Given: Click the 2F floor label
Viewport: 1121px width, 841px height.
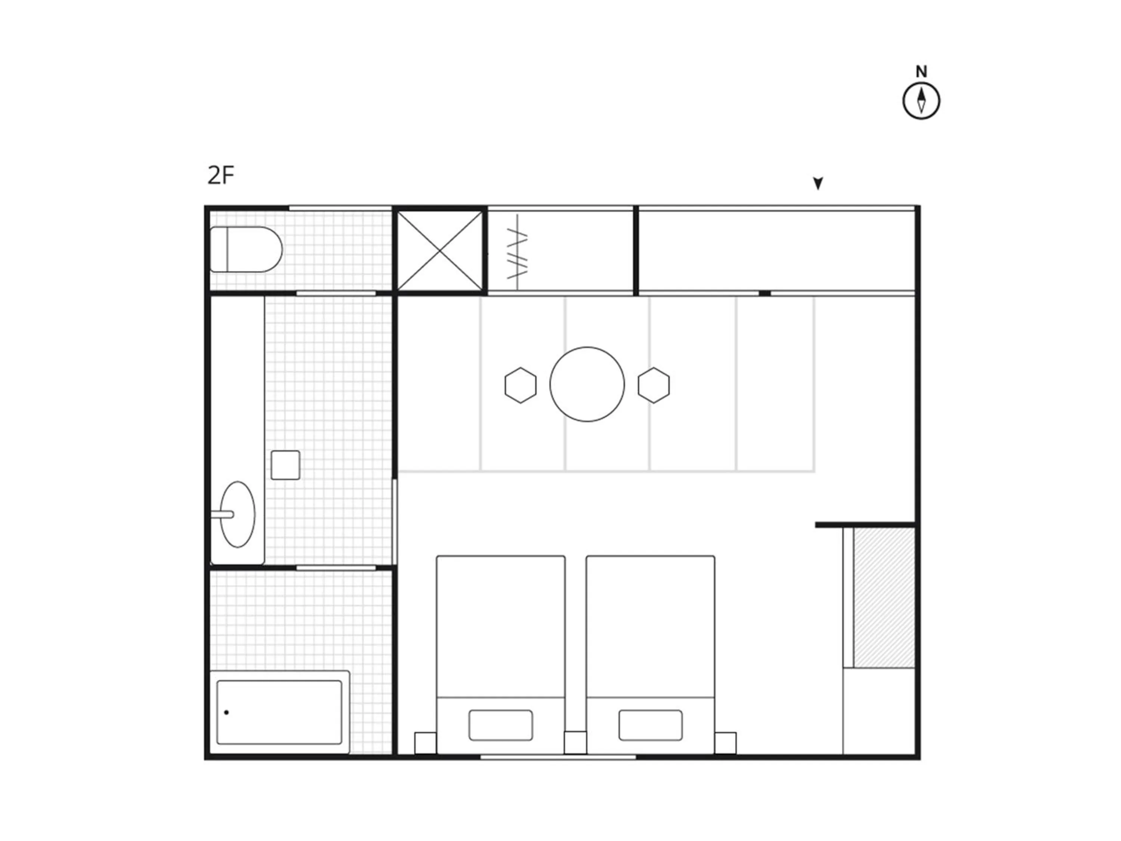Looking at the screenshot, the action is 221,175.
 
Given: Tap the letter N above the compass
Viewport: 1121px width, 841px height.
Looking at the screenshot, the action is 921,72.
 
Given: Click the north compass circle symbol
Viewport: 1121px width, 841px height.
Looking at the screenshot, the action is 921,101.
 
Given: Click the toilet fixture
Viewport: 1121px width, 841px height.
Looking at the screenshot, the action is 246,249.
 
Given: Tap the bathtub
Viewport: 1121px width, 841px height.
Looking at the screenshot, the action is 279,712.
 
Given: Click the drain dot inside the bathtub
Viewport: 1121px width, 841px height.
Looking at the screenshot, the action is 226,712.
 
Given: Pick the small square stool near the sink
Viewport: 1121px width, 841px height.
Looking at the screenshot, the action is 285,465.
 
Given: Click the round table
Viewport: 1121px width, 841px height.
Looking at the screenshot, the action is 587,384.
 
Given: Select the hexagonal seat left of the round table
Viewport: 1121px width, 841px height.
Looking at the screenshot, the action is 521,385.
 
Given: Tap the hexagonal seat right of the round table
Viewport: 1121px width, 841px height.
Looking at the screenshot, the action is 654,385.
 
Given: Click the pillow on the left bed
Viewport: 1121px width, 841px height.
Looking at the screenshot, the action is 501,725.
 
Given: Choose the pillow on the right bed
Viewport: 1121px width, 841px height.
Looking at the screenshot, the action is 650,725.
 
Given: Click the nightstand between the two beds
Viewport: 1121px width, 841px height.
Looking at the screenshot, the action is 575,743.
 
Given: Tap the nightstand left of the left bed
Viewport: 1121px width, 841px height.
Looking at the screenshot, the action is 425,743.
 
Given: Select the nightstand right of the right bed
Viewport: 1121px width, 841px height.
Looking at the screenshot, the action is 725,743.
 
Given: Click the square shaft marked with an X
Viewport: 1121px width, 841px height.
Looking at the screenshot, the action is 439,251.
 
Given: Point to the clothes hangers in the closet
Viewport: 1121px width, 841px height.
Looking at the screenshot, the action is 518,252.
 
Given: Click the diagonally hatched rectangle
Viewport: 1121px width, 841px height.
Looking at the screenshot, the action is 884,598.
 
